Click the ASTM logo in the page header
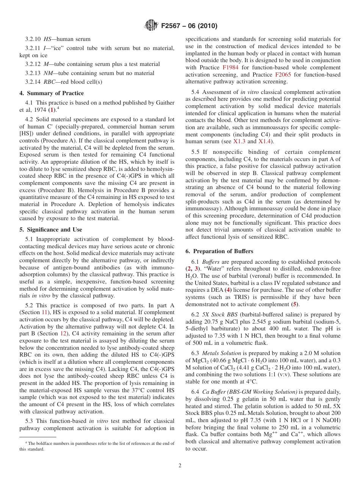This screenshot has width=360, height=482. pos(152,26)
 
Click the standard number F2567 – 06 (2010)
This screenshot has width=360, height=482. pos(189,26)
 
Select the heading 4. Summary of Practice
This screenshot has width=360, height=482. pos(52,93)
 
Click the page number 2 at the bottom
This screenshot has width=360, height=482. pos(180,466)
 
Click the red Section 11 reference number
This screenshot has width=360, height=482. pos(45,312)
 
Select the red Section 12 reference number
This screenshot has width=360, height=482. pos(64,333)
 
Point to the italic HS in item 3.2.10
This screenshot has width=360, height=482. pos(48,39)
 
